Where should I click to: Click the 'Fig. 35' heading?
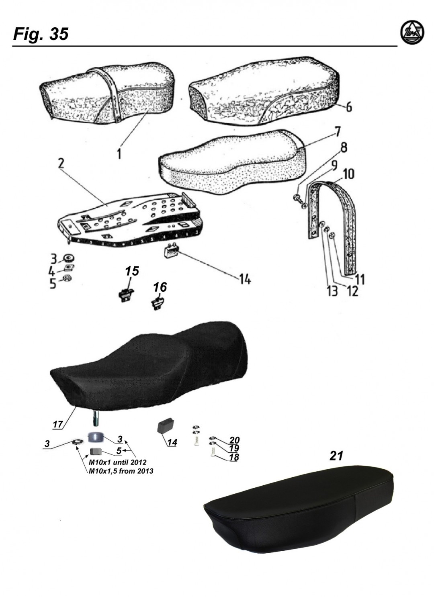pyautogui.click(x=41, y=34)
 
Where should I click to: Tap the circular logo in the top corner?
pyautogui.click(x=412, y=33)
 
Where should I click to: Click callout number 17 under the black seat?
pyautogui.click(x=57, y=424)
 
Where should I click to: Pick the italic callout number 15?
pyautogui.click(x=132, y=271)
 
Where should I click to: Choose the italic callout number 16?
pyautogui.click(x=160, y=287)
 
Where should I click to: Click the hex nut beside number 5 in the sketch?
pyautogui.click(x=67, y=279)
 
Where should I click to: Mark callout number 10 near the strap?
pyautogui.click(x=347, y=174)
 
